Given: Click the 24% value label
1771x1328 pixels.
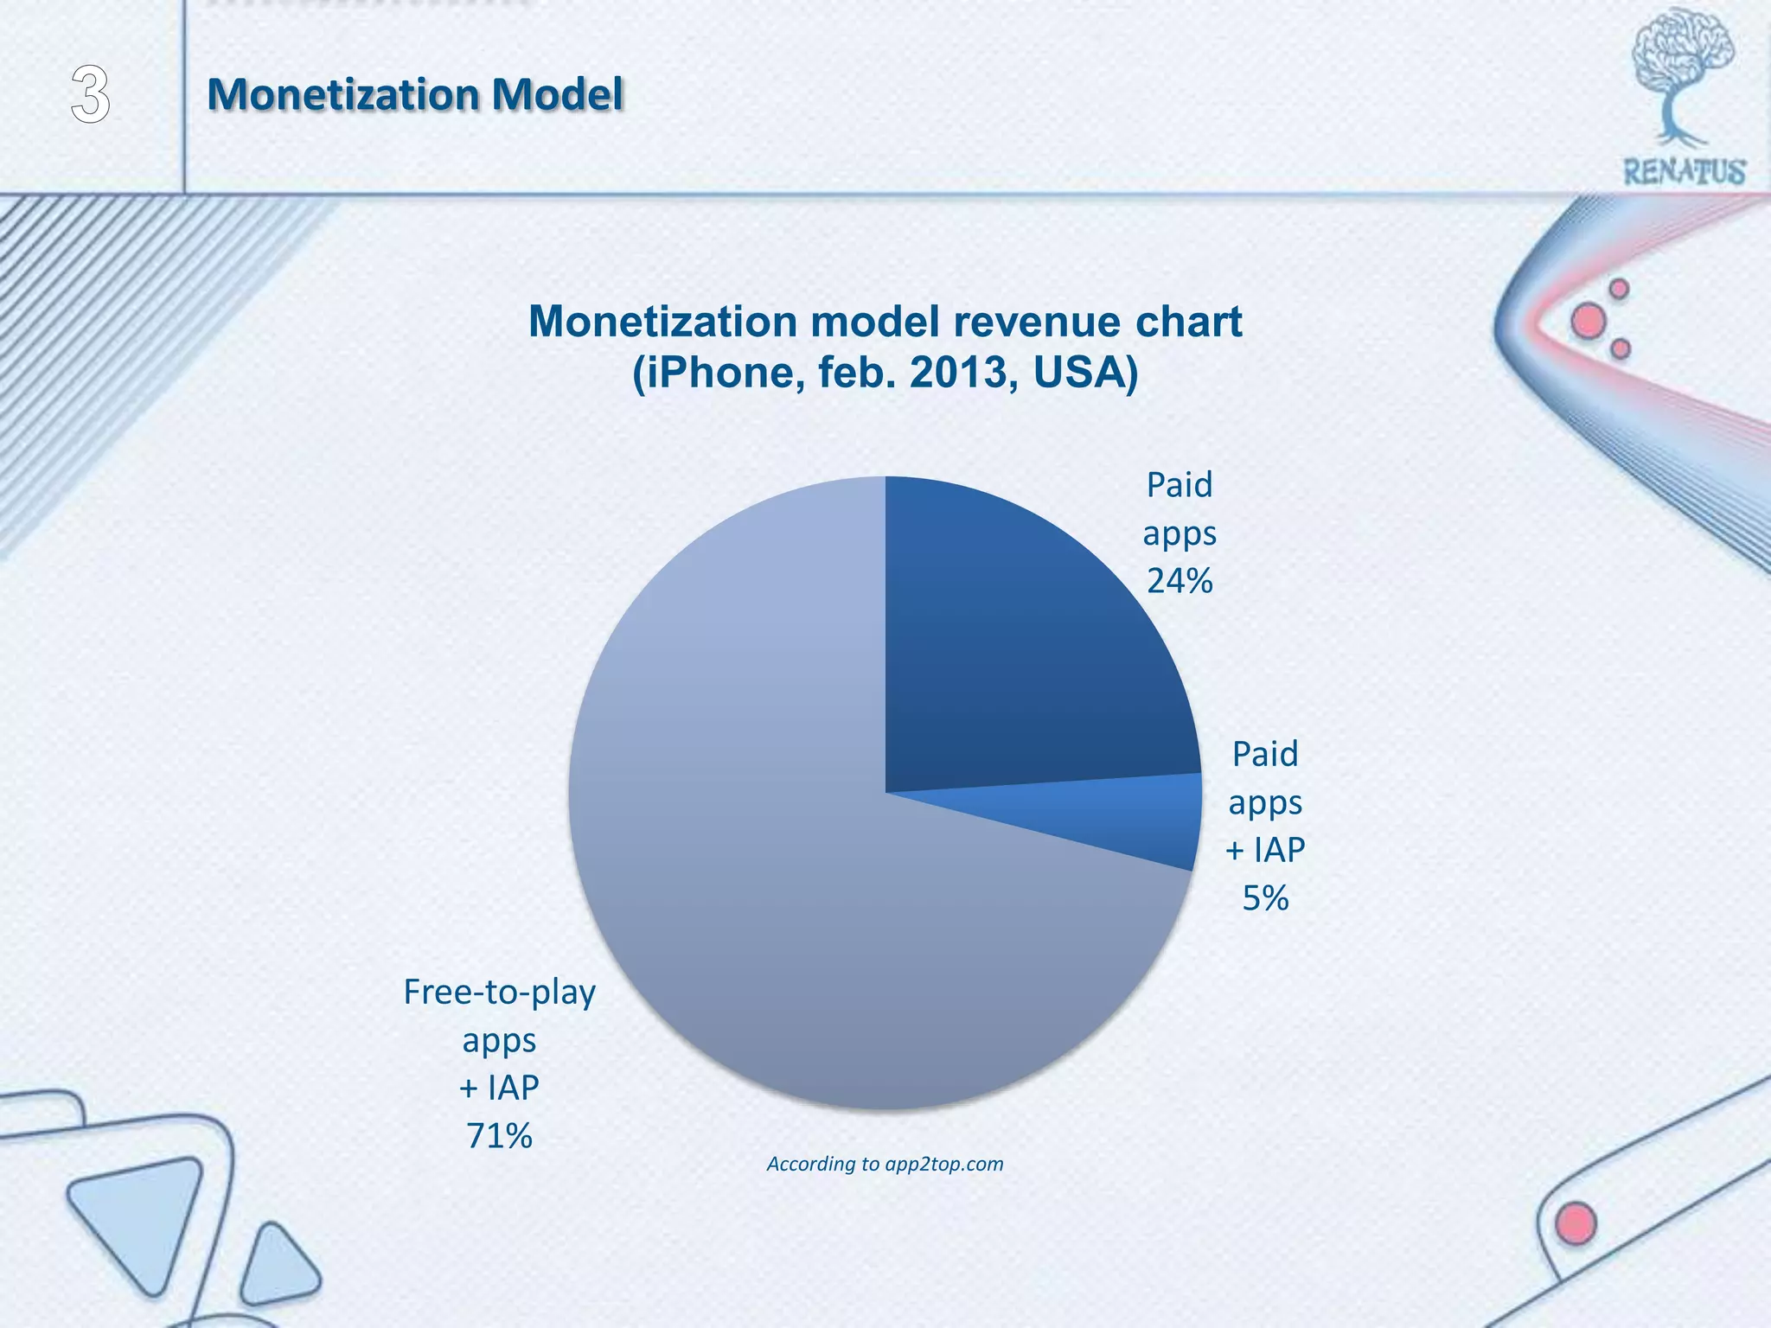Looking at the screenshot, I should [1180, 581].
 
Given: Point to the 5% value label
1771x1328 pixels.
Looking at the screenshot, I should [1265, 898].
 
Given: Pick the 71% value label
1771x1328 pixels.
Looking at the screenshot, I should [499, 1136].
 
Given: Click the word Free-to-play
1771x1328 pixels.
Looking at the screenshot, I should [499, 992].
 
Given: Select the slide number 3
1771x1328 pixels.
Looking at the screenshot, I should [90, 95].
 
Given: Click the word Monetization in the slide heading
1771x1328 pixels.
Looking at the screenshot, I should [342, 94].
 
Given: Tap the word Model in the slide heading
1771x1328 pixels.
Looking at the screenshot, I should [557, 94].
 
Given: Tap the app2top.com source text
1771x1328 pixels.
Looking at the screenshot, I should [943, 1164].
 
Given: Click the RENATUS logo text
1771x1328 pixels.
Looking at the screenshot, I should [1685, 171].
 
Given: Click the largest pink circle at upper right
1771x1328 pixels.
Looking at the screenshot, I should [1589, 322].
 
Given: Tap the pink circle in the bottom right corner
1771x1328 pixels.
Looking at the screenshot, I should [1575, 1223].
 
